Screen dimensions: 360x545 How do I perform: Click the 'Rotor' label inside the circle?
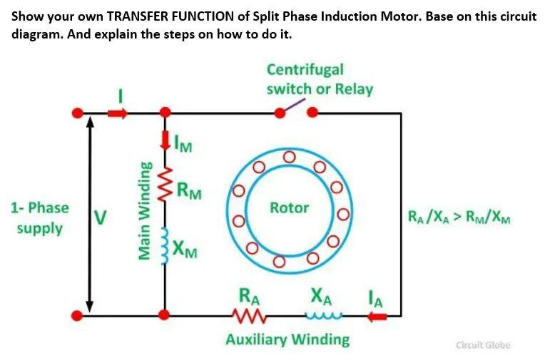(289, 208)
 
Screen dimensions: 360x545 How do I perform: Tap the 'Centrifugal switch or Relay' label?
(319, 80)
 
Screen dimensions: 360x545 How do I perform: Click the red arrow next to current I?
(118, 112)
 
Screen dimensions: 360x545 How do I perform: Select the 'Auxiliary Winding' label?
(287, 339)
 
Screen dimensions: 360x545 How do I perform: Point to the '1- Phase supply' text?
(40, 218)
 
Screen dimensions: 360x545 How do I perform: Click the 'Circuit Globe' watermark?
(483, 345)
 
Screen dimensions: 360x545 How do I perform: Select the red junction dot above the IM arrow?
(165, 113)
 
